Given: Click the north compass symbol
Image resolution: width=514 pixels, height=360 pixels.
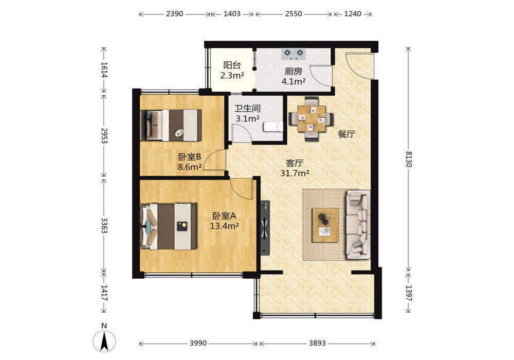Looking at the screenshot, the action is click(x=104, y=341).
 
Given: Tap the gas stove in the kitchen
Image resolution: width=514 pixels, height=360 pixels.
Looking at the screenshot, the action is click(x=293, y=54).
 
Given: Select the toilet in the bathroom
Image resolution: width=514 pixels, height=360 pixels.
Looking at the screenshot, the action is click(x=273, y=127).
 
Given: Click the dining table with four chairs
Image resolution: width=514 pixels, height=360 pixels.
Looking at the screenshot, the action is click(x=311, y=119).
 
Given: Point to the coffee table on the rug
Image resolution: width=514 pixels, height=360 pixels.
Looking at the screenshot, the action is click(x=325, y=225).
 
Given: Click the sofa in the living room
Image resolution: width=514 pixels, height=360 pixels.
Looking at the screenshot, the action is click(x=358, y=225).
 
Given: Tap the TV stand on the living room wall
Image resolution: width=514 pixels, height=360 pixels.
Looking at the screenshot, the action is click(x=265, y=228).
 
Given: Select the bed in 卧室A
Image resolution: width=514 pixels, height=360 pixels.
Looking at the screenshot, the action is click(x=168, y=227).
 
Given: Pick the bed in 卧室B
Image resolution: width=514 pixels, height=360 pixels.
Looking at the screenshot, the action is click(x=171, y=125).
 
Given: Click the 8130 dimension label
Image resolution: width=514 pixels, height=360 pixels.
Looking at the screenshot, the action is click(x=409, y=159).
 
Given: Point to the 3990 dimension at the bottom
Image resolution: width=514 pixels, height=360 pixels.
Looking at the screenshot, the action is click(x=198, y=343).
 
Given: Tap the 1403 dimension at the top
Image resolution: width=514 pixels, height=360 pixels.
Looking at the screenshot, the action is click(x=232, y=14).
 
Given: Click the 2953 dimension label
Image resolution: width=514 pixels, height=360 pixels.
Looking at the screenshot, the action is click(x=104, y=135).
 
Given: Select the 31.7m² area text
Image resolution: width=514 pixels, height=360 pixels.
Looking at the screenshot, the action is click(x=295, y=173).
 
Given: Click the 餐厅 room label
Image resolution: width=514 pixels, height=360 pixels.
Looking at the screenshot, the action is click(x=346, y=134).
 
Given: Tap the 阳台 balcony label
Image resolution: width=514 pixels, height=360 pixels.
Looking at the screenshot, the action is click(x=232, y=65).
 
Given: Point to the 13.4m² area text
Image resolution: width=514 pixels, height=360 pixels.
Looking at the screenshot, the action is click(x=224, y=226).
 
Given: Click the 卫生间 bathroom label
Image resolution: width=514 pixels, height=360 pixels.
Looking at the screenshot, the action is click(x=248, y=108).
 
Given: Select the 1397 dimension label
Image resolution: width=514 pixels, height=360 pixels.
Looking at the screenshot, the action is click(x=409, y=293).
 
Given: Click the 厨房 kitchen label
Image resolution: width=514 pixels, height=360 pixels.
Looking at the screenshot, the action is click(x=293, y=71).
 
